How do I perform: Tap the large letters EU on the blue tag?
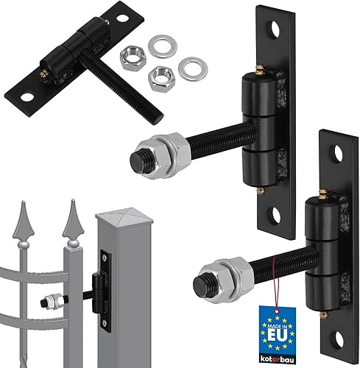coord(277,336)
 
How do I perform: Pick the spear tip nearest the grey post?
coord(73,220)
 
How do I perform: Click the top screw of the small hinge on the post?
coord(105,257)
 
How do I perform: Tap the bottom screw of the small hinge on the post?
coord(105,322)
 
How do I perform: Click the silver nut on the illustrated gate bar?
coord(52,301)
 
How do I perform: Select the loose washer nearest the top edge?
coord(163,46)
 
